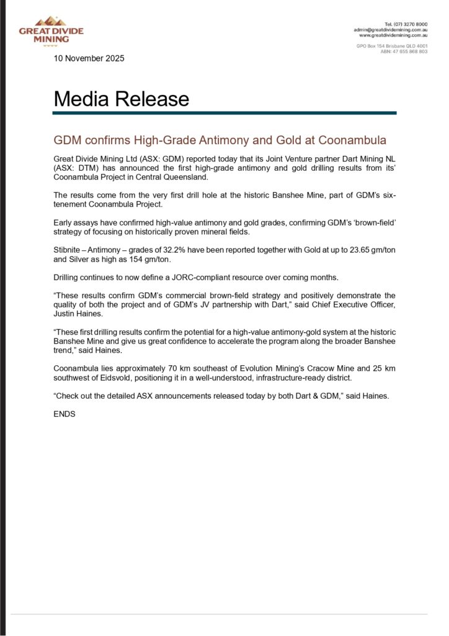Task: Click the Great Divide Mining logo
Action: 51,32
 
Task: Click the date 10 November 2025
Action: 89,58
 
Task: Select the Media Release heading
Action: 121,99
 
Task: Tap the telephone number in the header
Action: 406,24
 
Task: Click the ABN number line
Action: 404,52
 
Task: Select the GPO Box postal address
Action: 391,46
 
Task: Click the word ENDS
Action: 64,413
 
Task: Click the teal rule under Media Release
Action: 225,113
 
